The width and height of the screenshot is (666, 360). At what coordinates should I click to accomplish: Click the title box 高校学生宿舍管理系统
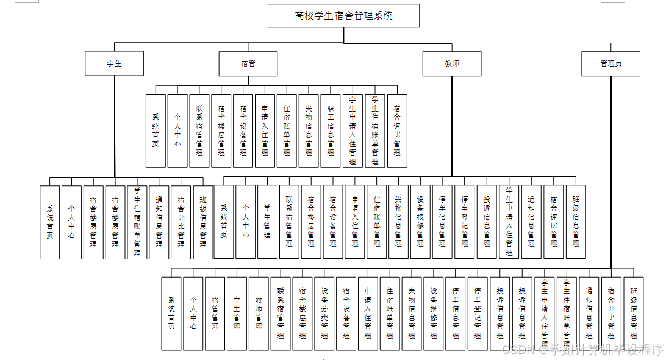[343, 16]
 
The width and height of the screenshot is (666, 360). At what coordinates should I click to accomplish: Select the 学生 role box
[115, 63]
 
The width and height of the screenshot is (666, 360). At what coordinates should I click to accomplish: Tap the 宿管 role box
[248, 63]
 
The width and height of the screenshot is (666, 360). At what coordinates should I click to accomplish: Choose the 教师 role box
[452, 63]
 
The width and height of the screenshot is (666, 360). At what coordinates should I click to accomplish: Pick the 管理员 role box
[610, 63]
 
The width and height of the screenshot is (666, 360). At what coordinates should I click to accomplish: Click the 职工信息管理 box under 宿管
[331, 131]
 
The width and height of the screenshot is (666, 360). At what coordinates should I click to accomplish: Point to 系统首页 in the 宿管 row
[156, 131]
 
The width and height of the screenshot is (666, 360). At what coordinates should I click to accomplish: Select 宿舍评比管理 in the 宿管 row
[397, 131]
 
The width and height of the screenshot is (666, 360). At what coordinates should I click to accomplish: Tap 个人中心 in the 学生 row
[71, 222]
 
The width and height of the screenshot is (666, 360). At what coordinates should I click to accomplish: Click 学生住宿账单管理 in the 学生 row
[137, 222]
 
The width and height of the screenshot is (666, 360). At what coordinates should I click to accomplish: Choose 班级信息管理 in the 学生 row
[203, 222]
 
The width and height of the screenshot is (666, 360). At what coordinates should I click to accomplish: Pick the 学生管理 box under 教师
[267, 222]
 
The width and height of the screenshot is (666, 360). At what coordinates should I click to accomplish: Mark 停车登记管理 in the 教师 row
[465, 222]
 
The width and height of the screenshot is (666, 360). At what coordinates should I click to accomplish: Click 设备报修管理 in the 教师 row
[420, 222]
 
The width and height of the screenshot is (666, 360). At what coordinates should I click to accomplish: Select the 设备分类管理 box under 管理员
[324, 314]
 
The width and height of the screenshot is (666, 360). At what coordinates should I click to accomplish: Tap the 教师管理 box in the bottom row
[259, 314]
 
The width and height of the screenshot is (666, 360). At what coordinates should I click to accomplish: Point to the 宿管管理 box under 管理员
[215, 314]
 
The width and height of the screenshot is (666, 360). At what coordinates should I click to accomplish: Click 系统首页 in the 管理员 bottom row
[171, 314]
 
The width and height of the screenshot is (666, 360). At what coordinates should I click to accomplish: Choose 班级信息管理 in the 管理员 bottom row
[633, 314]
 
